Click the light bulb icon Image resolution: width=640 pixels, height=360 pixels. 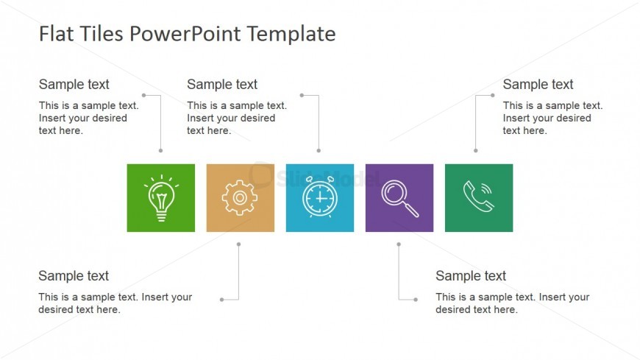[x=161, y=198]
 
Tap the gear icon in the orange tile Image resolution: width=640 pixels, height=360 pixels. [x=240, y=198]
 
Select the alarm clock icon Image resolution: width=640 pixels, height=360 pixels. [x=320, y=198]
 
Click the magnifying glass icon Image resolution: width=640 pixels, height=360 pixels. [x=399, y=198]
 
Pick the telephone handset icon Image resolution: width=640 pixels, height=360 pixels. [x=479, y=198]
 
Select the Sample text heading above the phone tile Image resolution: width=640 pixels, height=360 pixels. [x=538, y=85]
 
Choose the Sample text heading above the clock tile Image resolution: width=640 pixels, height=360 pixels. [x=222, y=85]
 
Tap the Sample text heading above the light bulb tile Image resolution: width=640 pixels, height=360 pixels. [x=74, y=85]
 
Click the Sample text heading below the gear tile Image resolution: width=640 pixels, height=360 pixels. [x=74, y=276]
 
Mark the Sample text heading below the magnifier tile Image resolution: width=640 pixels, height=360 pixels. [x=471, y=276]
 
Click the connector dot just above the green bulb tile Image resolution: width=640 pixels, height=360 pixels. [x=161, y=151]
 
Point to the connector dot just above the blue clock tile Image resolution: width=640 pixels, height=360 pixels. [x=319, y=151]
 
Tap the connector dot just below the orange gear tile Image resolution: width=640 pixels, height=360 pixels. [x=239, y=244]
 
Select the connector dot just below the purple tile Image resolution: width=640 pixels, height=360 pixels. [x=399, y=244]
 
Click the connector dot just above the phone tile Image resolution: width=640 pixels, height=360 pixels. [x=475, y=151]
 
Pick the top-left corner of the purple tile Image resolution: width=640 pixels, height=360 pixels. [x=366, y=165]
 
